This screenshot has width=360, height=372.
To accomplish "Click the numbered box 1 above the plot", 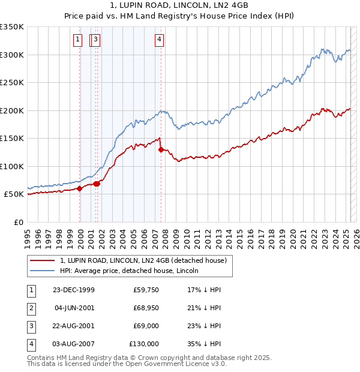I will (x=78, y=40).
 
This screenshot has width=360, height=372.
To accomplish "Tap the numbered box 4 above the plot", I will (x=159, y=40).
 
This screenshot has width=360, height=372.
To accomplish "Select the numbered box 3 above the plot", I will (x=96, y=40).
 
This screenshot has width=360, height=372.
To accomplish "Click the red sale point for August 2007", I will (x=161, y=149).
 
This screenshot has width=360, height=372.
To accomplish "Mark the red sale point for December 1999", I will (x=80, y=188).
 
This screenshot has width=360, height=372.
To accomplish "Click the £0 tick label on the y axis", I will (x=18, y=222).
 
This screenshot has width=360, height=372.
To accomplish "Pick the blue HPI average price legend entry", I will (x=129, y=271).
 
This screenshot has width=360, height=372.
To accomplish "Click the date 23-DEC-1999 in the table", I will (x=74, y=290).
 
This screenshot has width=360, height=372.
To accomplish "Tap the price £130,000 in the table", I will (x=144, y=344).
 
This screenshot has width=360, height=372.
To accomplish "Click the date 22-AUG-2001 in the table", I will (x=74, y=326).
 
